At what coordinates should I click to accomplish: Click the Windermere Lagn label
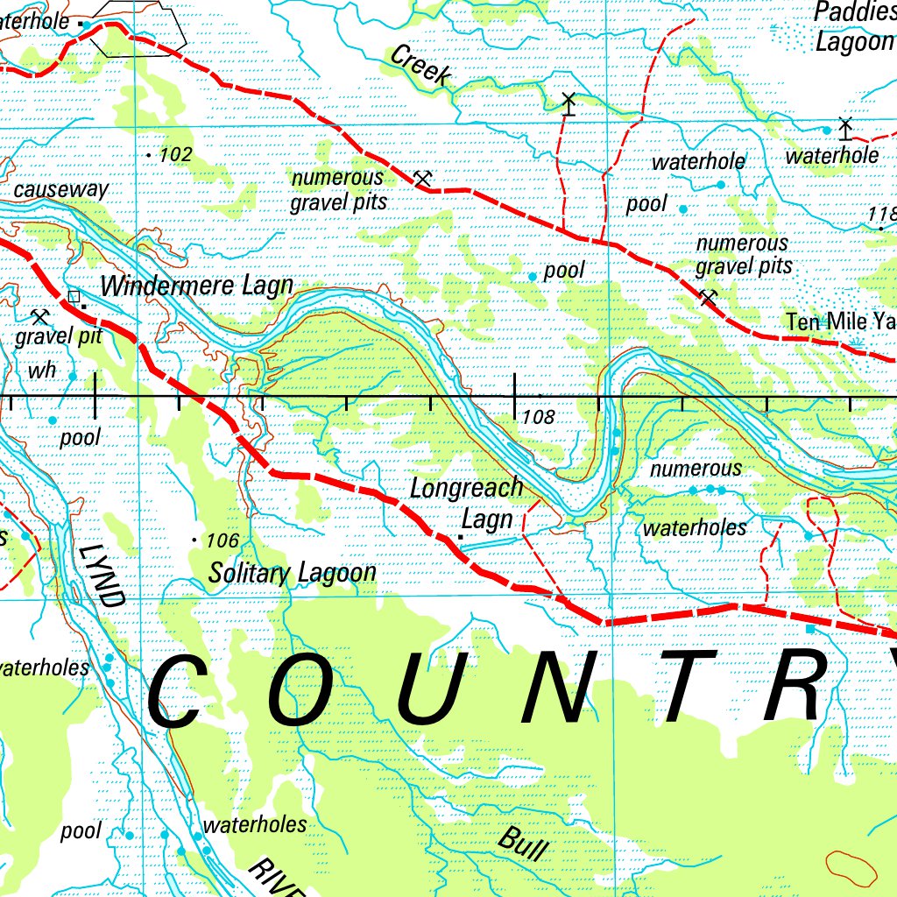click(x=196, y=286)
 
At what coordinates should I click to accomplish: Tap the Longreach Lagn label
click(x=466, y=503)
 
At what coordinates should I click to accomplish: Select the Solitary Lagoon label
click(x=292, y=573)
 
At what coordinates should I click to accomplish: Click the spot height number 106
click(x=222, y=541)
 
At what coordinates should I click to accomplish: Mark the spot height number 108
click(x=538, y=418)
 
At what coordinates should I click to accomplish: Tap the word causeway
click(x=61, y=189)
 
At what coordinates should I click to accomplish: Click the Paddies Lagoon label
click(x=854, y=27)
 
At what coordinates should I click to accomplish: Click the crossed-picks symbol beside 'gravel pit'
click(x=39, y=316)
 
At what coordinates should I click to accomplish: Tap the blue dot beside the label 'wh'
click(x=72, y=377)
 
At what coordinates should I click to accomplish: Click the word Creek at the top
click(x=420, y=66)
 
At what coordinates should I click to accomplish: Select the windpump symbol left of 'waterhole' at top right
click(x=844, y=129)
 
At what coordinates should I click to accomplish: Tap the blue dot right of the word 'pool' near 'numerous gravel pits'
click(x=683, y=208)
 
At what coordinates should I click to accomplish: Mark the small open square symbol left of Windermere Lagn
click(x=74, y=296)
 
